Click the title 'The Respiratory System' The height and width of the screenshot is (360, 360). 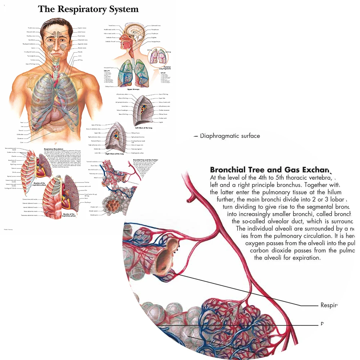(x=88, y=9)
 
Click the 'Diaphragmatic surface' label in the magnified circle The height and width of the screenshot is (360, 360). (x=230, y=136)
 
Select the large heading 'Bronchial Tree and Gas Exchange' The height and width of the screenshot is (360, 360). (x=270, y=170)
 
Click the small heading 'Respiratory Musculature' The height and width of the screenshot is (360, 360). (x=53, y=148)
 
